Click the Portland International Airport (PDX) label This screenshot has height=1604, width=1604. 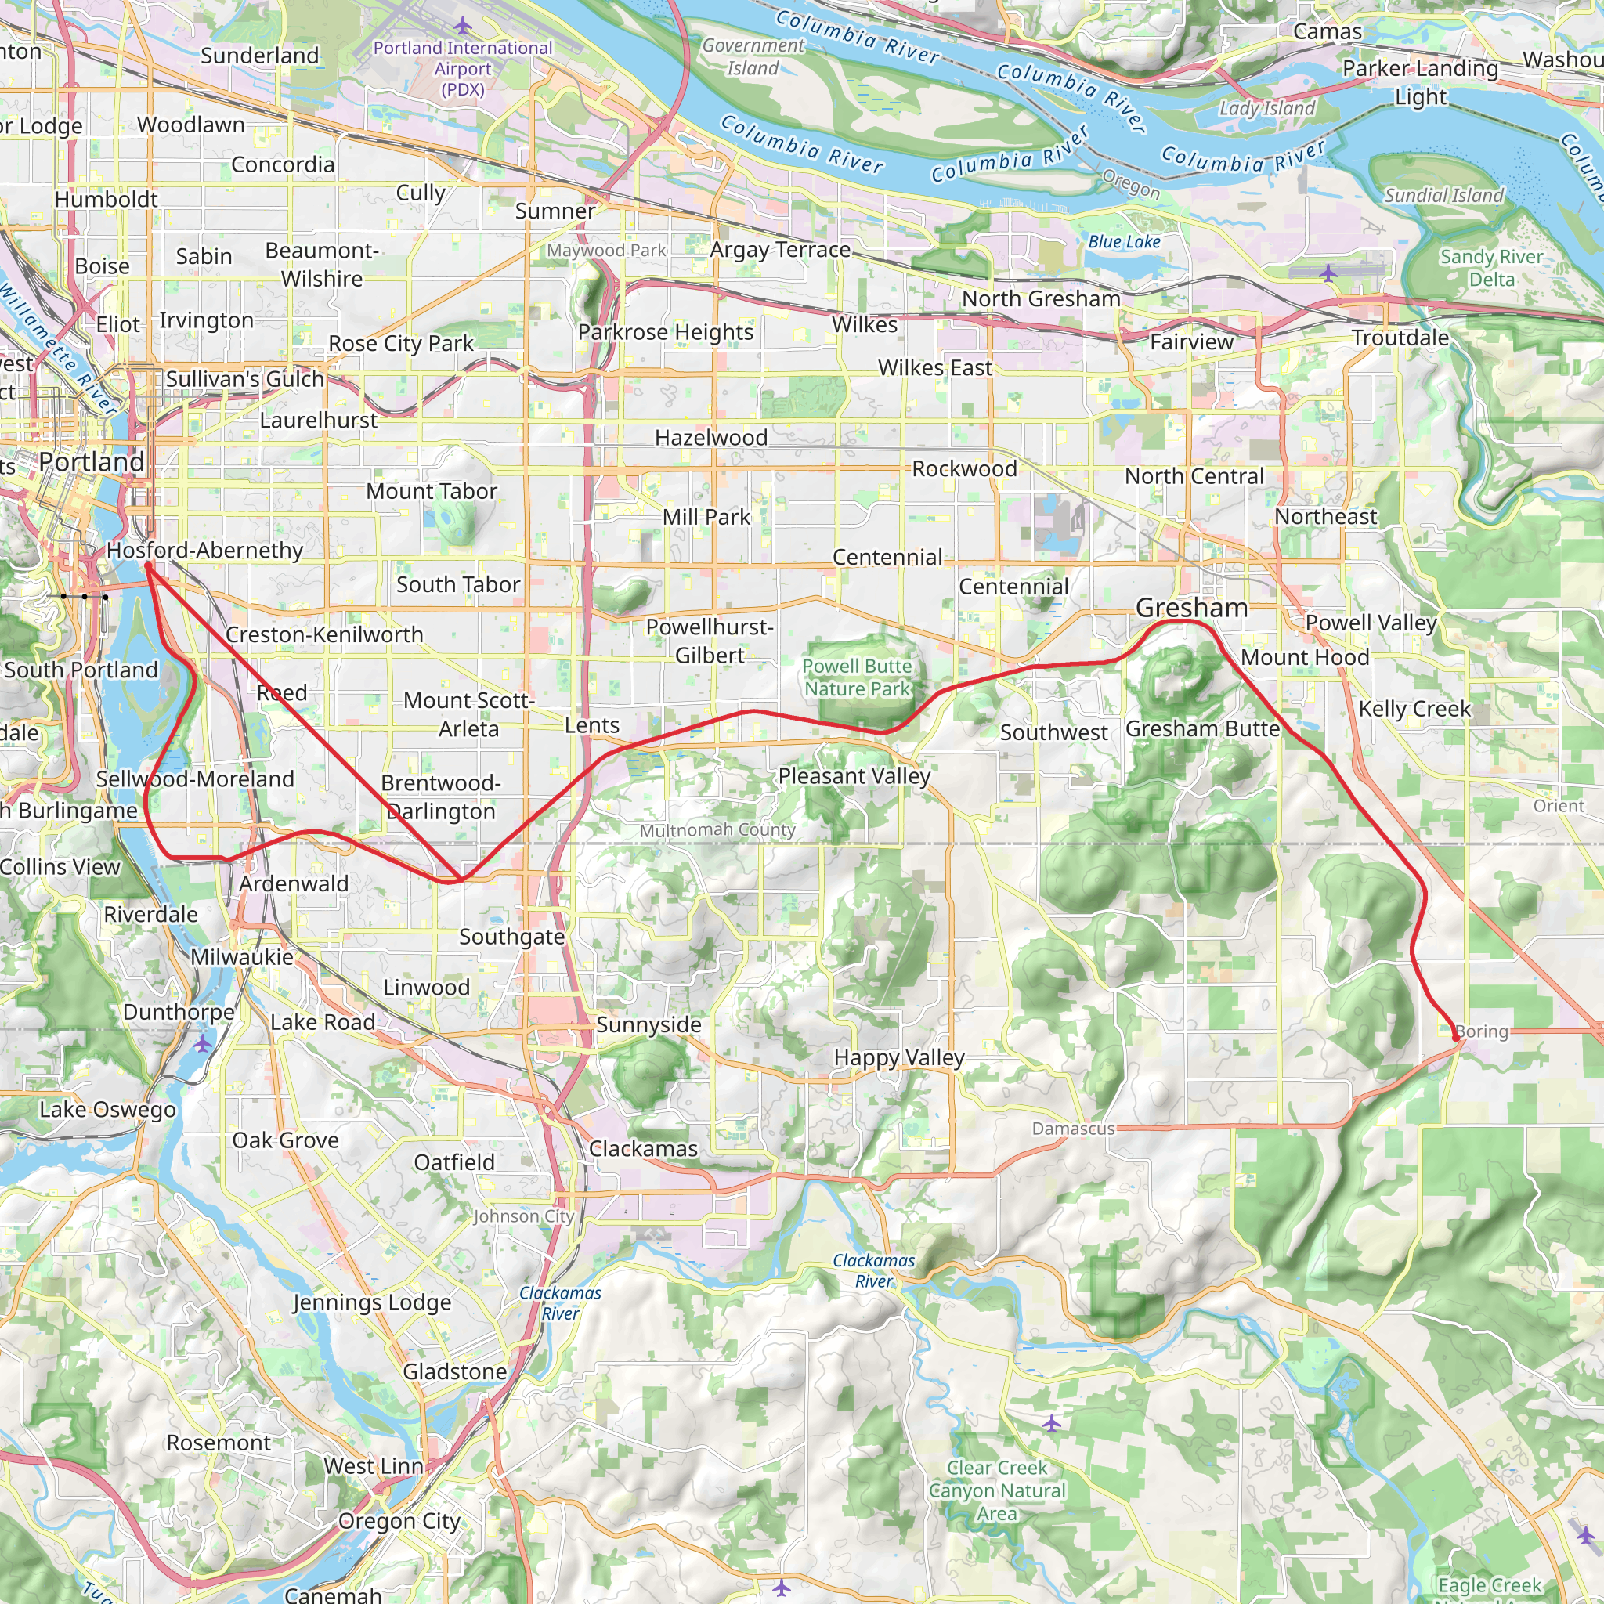[462, 69]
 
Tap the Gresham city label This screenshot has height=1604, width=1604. [1191, 608]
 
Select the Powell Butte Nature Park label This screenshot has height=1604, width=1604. [857, 677]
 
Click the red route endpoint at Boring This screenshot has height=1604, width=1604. [1455, 1038]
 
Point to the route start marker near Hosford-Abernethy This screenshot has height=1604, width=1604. [148, 565]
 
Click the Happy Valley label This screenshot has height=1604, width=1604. [899, 1057]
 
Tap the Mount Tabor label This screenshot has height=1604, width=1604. [431, 492]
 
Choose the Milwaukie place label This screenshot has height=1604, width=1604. [241, 957]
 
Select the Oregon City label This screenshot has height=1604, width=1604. [399, 1521]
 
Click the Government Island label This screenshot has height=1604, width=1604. [753, 56]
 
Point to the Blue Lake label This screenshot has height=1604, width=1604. [1124, 241]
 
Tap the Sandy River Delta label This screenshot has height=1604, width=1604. [1491, 268]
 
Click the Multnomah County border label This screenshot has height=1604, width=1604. [717, 830]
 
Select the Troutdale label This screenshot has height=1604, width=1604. [1400, 338]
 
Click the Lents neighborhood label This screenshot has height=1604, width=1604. [592, 725]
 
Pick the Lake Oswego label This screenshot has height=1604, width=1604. [108, 1110]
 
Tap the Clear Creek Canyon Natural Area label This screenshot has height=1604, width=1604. [996, 1490]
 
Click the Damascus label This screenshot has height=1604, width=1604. [1073, 1129]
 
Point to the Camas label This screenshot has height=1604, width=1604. [1328, 31]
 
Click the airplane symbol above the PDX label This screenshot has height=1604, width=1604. [462, 26]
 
